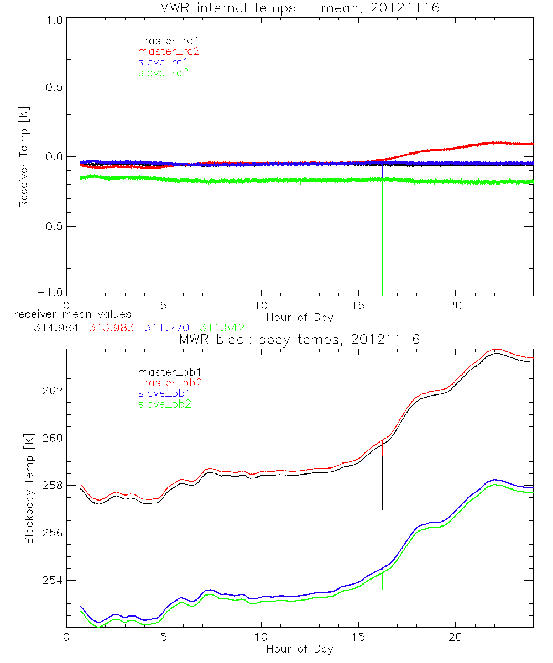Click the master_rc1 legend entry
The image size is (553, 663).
[x=164, y=41]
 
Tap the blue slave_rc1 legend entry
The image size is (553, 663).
[x=164, y=62]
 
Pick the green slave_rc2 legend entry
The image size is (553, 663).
[x=164, y=72]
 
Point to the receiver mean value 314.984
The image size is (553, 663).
[x=51, y=328]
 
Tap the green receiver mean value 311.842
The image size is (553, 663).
[x=222, y=328]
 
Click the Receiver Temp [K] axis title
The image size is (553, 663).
[x=23, y=157]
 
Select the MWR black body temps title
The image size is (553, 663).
[x=300, y=339]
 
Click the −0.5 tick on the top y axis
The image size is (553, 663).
[x=51, y=227]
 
